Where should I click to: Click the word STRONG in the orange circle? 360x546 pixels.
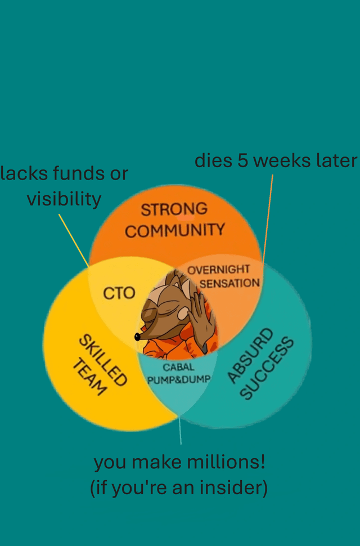tap(174, 209)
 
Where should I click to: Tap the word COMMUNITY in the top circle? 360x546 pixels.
tap(175, 231)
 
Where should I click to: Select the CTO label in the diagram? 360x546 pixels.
tap(119, 293)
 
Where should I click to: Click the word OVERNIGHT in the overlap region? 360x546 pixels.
tap(218, 270)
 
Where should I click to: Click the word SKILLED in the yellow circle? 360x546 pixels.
tap(103, 360)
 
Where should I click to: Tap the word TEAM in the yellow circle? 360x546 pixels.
tap(89, 377)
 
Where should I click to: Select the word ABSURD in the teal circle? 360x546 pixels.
tap(250, 355)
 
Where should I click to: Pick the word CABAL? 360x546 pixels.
tap(178, 367)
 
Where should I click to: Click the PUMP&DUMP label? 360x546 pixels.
tap(179, 379)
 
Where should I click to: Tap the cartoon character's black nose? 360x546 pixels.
tap(137, 337)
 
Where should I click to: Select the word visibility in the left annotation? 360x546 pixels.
tap(64, 199)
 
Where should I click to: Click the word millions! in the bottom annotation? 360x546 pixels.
tap(226, 463)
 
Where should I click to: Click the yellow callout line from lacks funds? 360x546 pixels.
tap(74, 240)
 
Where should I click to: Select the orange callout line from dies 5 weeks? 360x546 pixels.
tap(268, 218)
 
